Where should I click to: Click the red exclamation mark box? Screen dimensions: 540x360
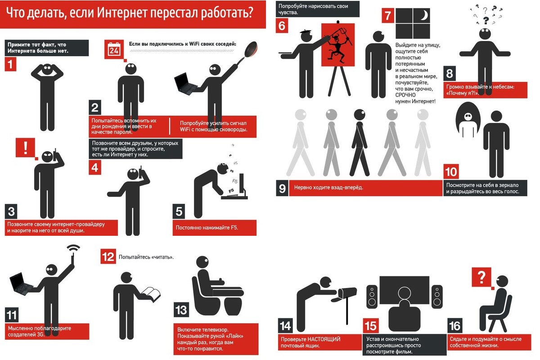pyautogui.click(x=25, y=148)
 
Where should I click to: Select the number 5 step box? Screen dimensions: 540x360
pyautogui.click(x=179, y=211)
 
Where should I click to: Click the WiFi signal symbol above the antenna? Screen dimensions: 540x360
pyautogui.click(x=73, y=248)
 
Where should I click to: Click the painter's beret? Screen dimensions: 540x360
pyautogui.click(x=306, y=31)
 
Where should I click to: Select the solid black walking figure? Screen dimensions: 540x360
pyautogui.click(x=360, y=142)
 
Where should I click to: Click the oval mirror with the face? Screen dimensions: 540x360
pyautogui.click(x=468, y=119)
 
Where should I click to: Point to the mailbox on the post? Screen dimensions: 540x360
pyautogui.click(x=347, y=293)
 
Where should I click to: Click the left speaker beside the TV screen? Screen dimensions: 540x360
pyautogui.click(x=372, y=297)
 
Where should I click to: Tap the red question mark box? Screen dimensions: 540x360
pyautogui.click(x=481, y=277)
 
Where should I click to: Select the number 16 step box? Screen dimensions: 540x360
pyautogui.click(x=454, y=326)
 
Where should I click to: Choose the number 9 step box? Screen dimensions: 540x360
pyautogui.click(x=282, y=188)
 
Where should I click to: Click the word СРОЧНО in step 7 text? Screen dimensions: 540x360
pyautogui.click(x=405, y=95)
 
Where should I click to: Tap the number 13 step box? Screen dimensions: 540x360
pyautogui.click(x=181, y=310)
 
